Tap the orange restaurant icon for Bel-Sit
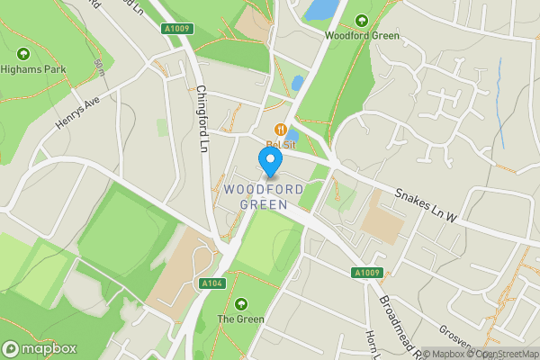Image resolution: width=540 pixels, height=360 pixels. (281, 129)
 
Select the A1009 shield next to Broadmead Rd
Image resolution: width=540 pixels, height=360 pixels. (366, 273)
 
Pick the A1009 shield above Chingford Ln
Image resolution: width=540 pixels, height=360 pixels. (177, 29)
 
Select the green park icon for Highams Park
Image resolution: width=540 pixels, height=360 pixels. (17, 50)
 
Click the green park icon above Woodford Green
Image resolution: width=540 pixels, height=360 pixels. (361, 20)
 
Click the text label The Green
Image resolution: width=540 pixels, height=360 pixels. (238, 319)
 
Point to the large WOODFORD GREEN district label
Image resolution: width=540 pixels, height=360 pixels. (256, 197)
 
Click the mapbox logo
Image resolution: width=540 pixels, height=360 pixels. (39, 348)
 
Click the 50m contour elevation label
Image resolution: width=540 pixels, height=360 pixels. (98, 67)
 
